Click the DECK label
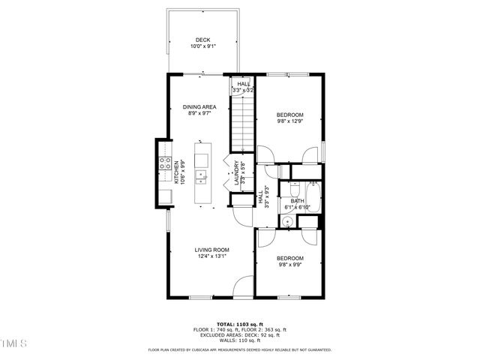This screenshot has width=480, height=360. coord(202,40)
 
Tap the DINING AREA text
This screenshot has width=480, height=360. coord(200,107)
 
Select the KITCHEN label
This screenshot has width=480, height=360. coord(177,172)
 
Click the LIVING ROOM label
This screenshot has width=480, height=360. coord(211,250)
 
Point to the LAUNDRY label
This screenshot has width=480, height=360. coord(236,173)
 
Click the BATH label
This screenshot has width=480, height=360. coord(297,201)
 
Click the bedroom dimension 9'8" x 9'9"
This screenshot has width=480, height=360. coord(290,264)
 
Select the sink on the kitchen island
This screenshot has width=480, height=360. coord(201,177)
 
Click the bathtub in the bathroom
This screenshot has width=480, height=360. coord(314,198)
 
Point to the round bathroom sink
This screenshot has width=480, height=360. coord(287,221)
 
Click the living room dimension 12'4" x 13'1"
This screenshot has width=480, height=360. coord(211,256)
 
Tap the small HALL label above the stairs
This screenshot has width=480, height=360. coord(244,84)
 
